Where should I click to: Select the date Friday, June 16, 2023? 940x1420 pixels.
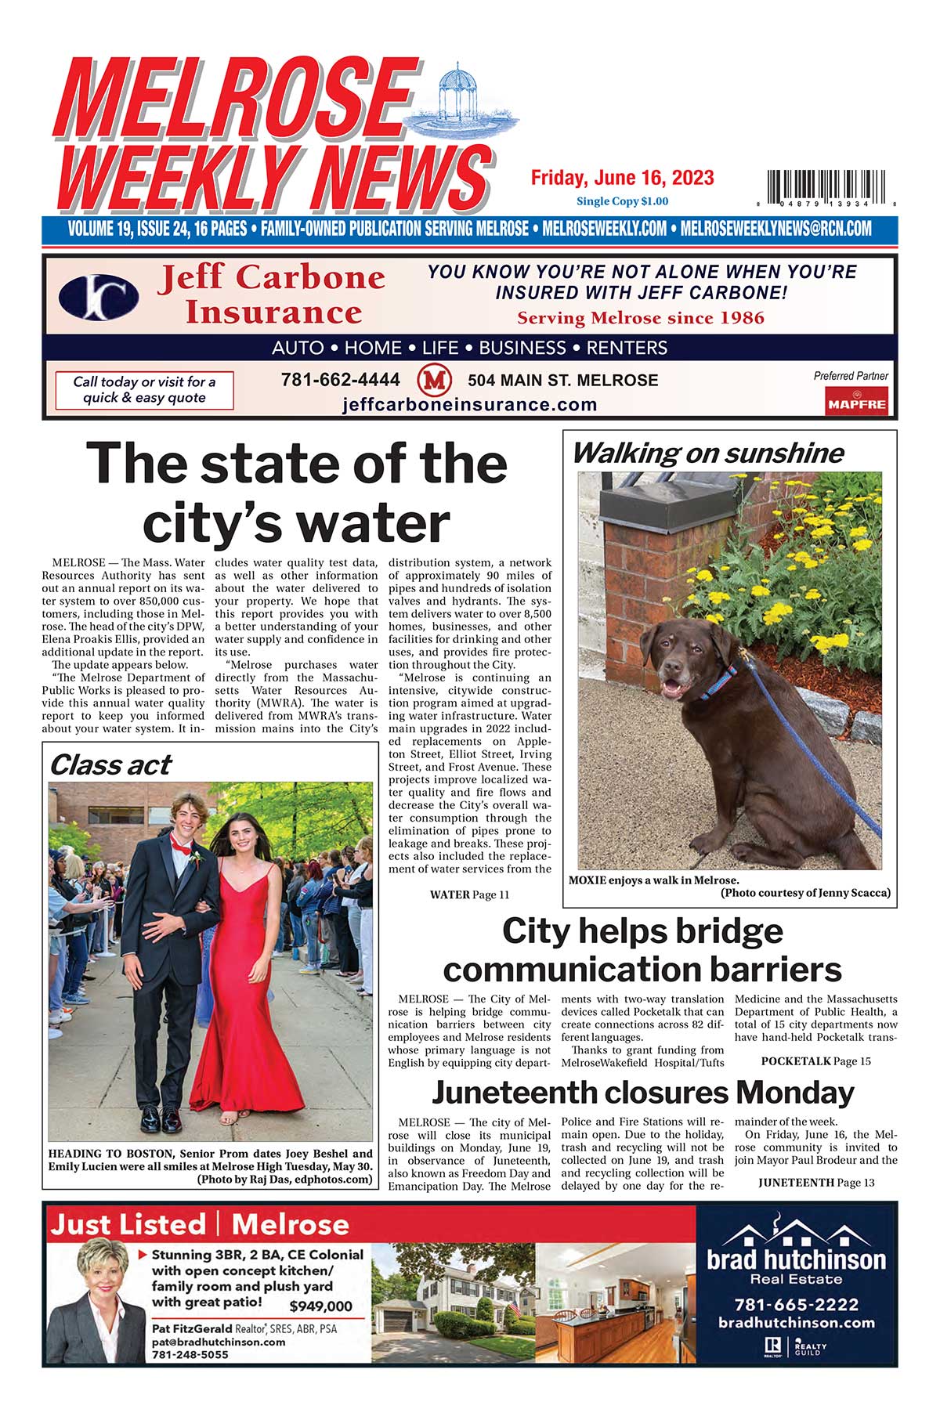[x=622, y=178]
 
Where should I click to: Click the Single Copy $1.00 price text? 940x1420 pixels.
[x=622, y=201]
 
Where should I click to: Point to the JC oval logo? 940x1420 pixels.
[x=99, y=298]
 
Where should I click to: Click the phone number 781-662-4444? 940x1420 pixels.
[x=340, y=380]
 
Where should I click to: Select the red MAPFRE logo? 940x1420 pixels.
[x=856, y=403]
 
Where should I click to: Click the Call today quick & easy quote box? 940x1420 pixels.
[x=144, y=390]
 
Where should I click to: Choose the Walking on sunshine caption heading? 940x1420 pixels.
[x=707, y=453]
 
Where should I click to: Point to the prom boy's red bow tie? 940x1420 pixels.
[x=181, y=844]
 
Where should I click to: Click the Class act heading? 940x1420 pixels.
[x=110, y=764]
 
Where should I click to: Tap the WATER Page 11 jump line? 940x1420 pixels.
[x=469, y=894]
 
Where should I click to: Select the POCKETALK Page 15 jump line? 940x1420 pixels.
[x=815, y=1061]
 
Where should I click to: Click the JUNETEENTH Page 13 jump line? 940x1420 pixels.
[x=815, y=1183]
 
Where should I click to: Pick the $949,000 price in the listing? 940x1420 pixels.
[x=320, y=1306]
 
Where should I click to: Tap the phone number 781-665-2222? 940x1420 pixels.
[x=796, y=1305]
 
